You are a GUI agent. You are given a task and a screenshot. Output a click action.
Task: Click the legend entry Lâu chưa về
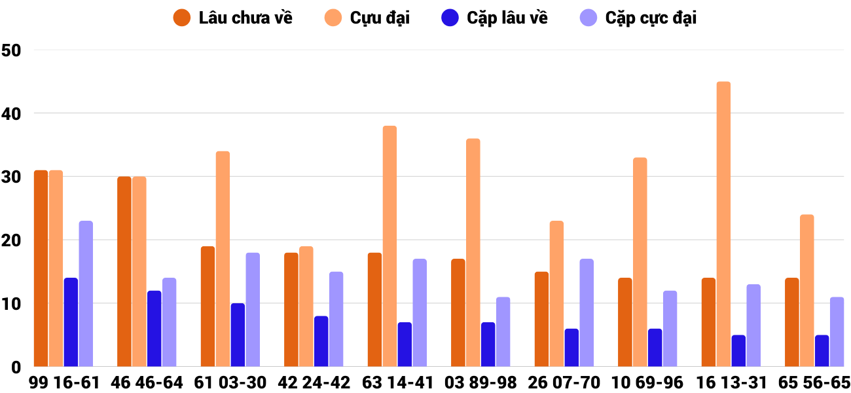pos(233,18)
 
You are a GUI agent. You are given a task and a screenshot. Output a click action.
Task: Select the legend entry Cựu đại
pos(367,18)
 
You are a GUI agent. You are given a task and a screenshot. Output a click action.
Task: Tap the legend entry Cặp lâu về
pos(494,18)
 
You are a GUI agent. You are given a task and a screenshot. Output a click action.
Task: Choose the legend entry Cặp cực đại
pos(638,18)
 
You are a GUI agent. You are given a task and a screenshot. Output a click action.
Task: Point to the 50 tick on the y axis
pos(12,50)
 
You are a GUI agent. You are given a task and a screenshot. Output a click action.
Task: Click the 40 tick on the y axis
pos(12,113)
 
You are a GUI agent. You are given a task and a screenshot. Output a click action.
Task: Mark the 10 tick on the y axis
pos(12,303)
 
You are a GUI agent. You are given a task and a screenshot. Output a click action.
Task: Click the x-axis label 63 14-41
pos(397,382)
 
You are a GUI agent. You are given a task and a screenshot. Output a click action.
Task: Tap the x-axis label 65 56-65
pos(814,382)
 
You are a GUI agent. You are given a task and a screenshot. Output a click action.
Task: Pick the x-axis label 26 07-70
pos(564,382)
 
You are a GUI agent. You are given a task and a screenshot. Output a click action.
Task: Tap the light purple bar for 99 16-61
pos(86,294)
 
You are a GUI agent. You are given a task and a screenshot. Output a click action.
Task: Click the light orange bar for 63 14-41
pos(389,246)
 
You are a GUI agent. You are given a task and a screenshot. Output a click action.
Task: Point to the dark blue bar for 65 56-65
pos(822,351)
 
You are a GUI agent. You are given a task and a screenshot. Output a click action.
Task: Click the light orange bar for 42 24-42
pos(306,307)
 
